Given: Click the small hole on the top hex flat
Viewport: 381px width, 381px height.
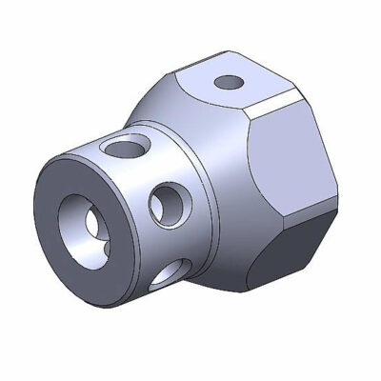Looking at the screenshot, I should click(x=229, y=83).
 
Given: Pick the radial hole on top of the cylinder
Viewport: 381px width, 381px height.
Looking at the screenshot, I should click(x=123, y=148).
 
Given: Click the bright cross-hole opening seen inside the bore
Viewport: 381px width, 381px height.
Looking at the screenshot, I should click(x=92, y=221).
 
